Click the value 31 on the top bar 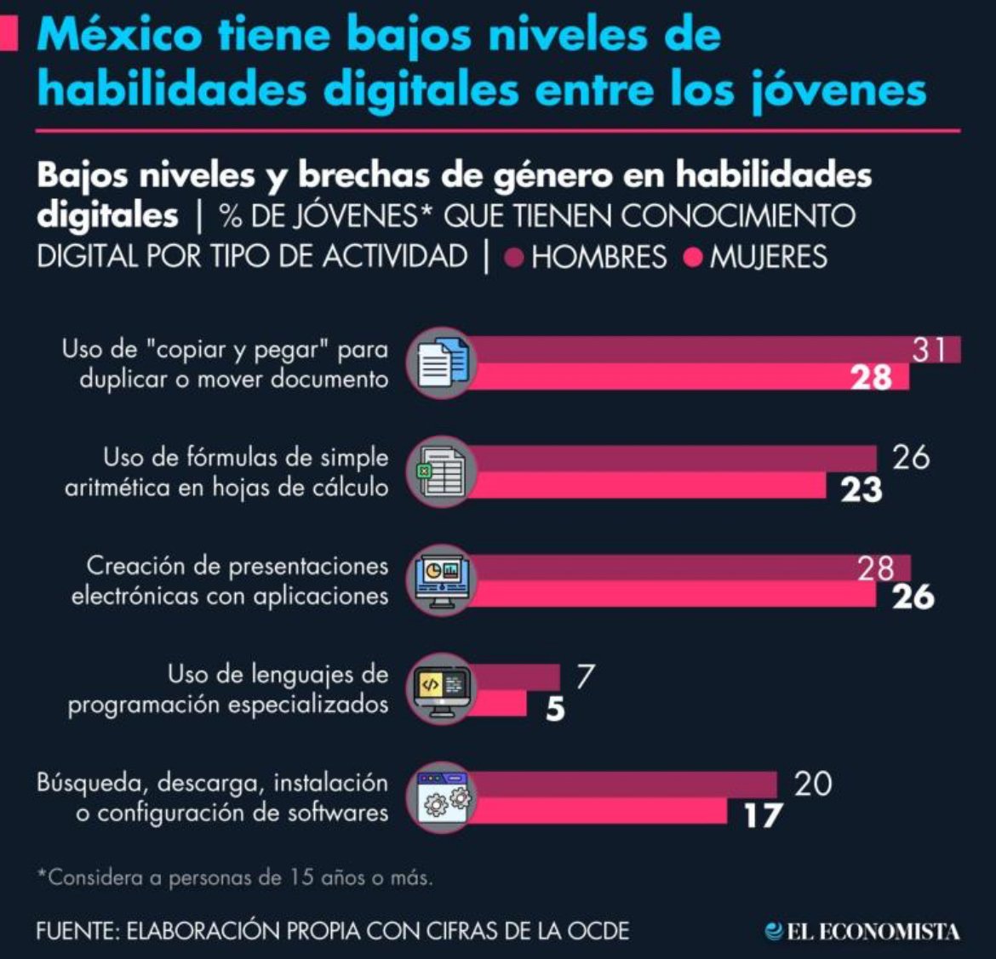pyautogui.click(x=929, y=350)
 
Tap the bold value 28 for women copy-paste pyautogui.click(x=871, y=377)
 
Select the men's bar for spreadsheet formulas pyautogui.click(x=673, y=458)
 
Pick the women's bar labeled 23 pyautogui.click(x=647, y=485)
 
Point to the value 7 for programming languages pyautogui.click(x=584, y=676)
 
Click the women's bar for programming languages pyautogui.click(x=499, y=704)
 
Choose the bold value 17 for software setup pyautogui.click(x=762, y=816)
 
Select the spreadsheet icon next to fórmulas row pyautogui.click(x=438, y=472)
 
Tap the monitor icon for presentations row pyautogui.click(x=440, y=581)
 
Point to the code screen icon pyautogui.click(x=440, y=690)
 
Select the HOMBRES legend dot pyautogui.click(x=513, y=257)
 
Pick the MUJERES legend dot pyautogui.click(x=693, y=257)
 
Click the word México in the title pyautogui.click(x=119, y=36)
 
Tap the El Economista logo pyautogui.click(x=861, y=931)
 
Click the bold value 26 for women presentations pyautogui.click(x=913, y=597)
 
